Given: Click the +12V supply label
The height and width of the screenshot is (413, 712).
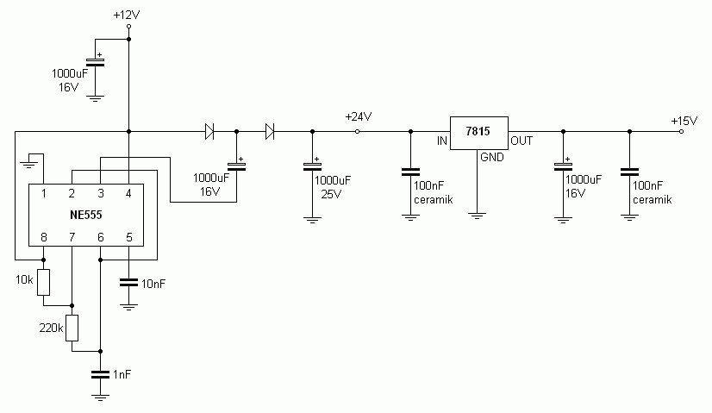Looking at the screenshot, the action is pyautogui.click(x=127, y=15).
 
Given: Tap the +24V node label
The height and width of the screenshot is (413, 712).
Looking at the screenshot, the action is pyautogui.click(x=359, y=116).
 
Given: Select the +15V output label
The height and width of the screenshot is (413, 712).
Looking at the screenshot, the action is pyautogui.click(x=684, y=121).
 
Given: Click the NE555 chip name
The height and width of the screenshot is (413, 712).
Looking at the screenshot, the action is pyautogui.click(x=86, y=215).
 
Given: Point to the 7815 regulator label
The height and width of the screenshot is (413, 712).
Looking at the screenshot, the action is pyautogui.click(x=478, y=131).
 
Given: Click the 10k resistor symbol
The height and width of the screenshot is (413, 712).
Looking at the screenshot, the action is pyautogui.click(x=44, y=282).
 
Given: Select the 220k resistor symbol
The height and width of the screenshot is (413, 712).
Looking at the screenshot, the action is pyautogui.click(x=72, y=328).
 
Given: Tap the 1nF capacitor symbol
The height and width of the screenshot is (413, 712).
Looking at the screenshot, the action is pyautogui.click(x=100, y=375).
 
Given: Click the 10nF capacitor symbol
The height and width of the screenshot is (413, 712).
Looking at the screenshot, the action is pyautogui.click(x=128, y=283).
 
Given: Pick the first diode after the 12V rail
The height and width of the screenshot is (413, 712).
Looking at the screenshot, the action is pyautogui.click(x=209, y=131).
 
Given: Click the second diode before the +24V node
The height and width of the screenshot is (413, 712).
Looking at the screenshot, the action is pyautogui.click(x=270, y=131).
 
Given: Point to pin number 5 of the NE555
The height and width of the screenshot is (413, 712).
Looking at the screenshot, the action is pyautogui.click(x=129, y=237).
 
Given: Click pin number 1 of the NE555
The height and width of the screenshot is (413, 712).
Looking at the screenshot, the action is pyautogui.click(x=44, y=193).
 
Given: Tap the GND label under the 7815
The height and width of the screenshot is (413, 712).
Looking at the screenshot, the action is pyautogui.click(x=492, y=157).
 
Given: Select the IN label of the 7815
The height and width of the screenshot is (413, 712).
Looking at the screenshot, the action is pyautogui.click(x=442, y=141).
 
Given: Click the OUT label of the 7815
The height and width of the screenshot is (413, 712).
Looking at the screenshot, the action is pyautogui.click(x=522, y=141).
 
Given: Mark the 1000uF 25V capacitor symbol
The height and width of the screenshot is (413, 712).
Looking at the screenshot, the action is pyautogui.click(x=312, y=166).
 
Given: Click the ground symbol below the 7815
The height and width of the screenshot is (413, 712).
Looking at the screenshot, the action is pyautogui.click(x=477, y=216).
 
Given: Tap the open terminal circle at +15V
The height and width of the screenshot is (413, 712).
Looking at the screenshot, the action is pyautogui.click(x=681, y=131).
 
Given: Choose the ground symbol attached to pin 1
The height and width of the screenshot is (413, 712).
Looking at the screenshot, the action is pyautogui.click(x=29, y=165).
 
